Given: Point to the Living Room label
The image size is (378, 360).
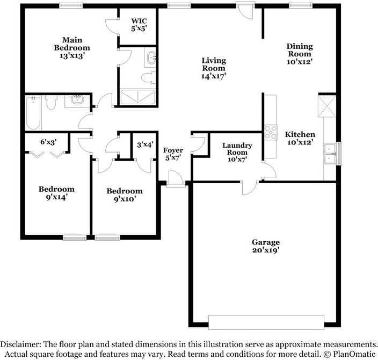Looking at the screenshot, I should pos(214,68).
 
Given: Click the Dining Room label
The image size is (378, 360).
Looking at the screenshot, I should pos(299,54).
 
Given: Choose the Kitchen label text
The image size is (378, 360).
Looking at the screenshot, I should pos(300,138).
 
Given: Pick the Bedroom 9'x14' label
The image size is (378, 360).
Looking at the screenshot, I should pos(56,193).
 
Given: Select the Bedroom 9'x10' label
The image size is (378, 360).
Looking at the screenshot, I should pos(125,195).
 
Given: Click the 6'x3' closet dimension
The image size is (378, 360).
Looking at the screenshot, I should pos(49,142).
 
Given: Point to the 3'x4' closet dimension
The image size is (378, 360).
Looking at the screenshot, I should pos(145,144).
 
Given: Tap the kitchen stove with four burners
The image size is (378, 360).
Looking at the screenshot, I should pos(270,132).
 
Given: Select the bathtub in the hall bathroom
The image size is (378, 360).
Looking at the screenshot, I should pos(33,112).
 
